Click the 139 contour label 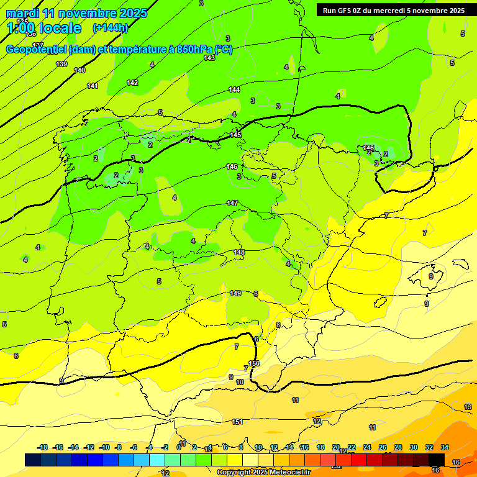[61, 64]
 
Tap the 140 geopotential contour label [79, 70]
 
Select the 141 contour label [93, 86]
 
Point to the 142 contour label [132, 83]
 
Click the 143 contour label [209, 58]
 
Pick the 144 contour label [234, 89]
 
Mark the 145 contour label [235, 135]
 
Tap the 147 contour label [232, 203]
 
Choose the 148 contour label [239, 252]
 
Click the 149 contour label [235, 293]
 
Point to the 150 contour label [254, 363]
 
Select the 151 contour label [237, 422]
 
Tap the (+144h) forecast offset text [110, 27]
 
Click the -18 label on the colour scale [43, 447]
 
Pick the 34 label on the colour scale [445, 447]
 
